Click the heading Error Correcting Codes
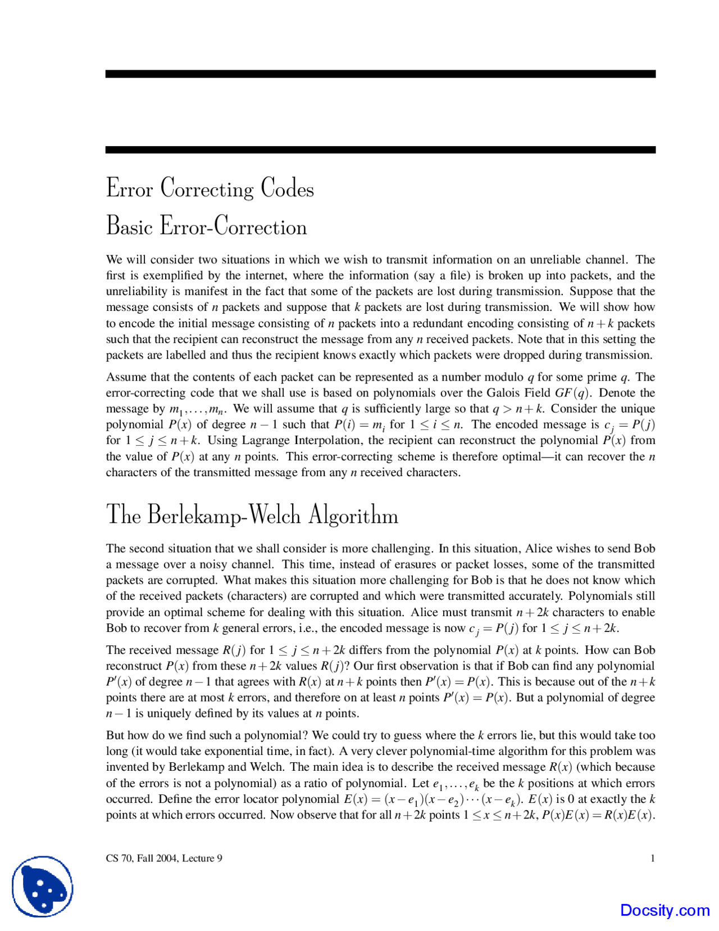210,188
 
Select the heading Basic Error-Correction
206,227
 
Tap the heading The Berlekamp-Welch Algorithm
252,514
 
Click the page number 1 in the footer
652,858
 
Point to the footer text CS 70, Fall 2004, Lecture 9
164,858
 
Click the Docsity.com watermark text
665,910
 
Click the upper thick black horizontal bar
380,74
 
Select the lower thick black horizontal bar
380,150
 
